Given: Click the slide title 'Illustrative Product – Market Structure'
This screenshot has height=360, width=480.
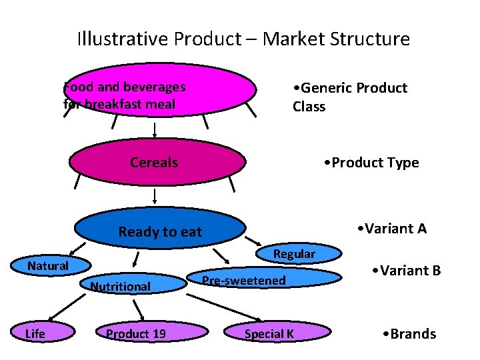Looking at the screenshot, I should point(243,39).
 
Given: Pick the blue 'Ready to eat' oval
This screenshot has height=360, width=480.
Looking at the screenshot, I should point(160,230).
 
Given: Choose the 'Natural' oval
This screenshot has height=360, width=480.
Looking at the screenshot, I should point(48,266).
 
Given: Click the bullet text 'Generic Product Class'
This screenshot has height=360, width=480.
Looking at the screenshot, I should point(349,97).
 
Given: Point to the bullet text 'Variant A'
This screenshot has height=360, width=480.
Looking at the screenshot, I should point(391,229).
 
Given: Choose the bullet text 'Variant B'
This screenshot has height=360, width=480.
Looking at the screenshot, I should point(407,271).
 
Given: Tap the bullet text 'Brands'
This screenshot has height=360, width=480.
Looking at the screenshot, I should point(409,333).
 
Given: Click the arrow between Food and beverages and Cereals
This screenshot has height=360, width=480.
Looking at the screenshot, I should point(155,130).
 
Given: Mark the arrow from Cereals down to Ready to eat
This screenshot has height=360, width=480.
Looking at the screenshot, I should point(155,196).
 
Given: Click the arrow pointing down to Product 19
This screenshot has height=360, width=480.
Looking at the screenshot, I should point(139,309).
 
